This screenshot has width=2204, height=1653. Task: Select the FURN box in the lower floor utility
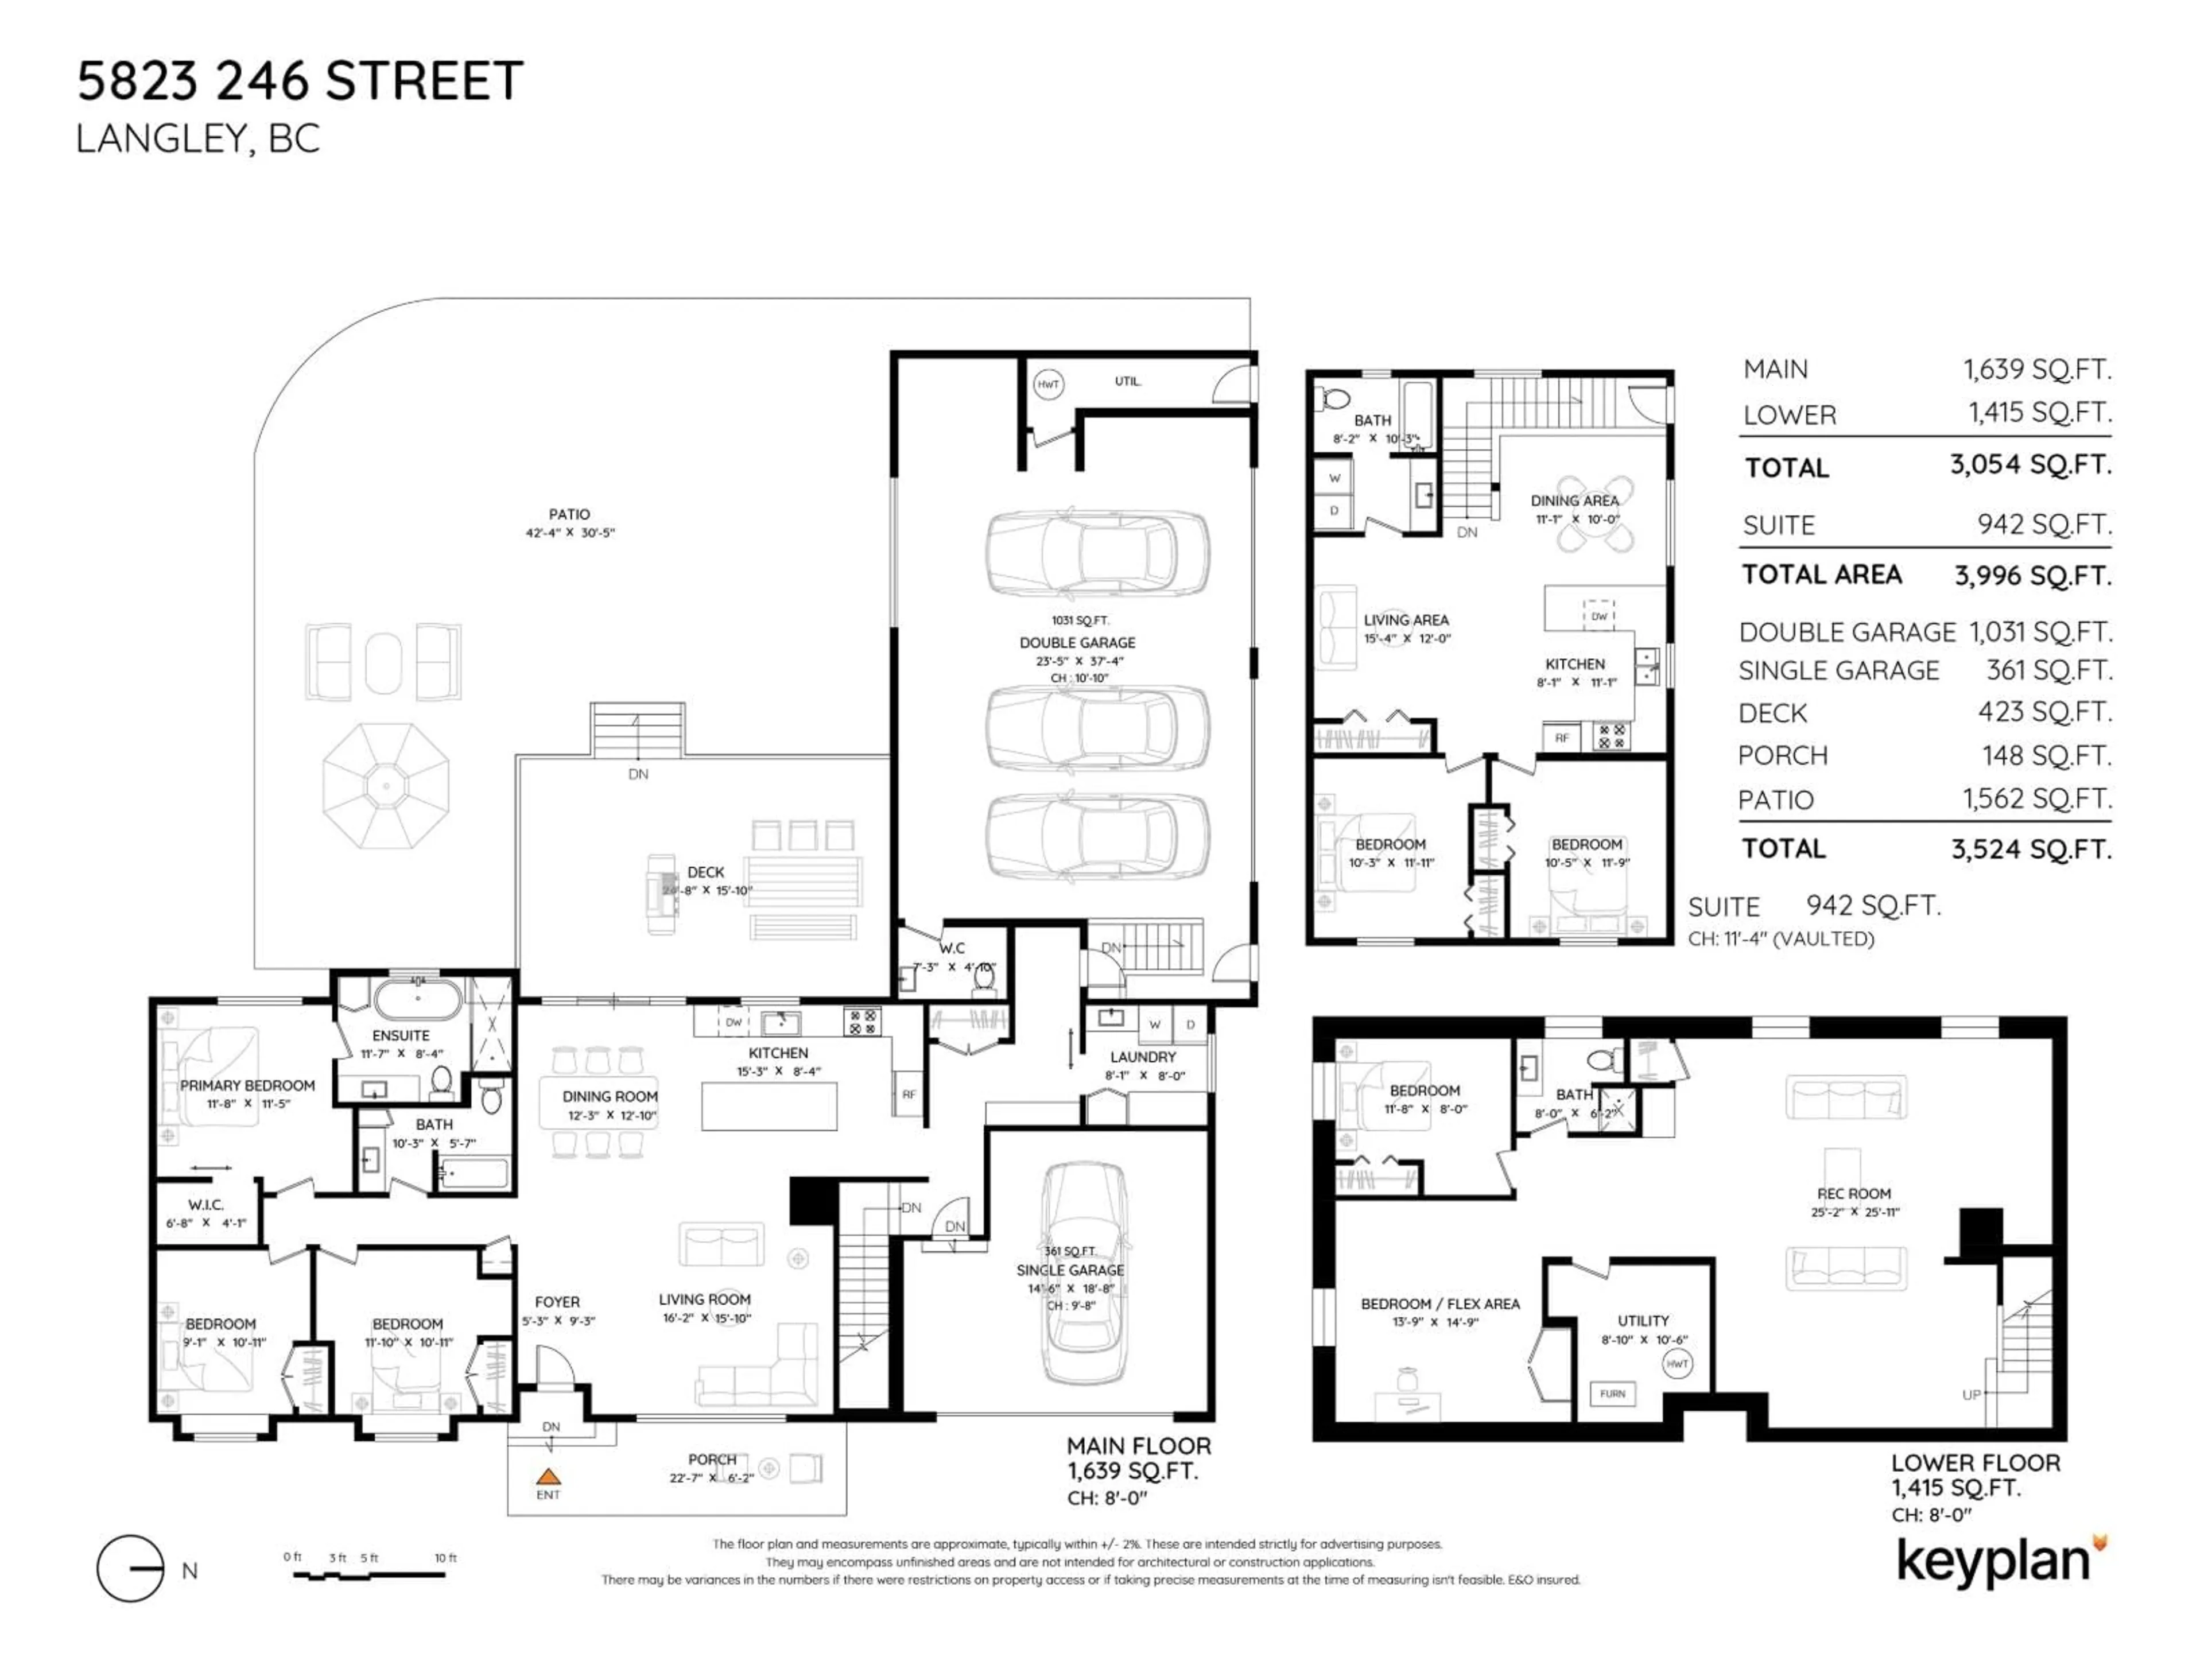[x=1612, y=1393]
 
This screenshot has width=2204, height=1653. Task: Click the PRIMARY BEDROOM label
[x=247, y=1085]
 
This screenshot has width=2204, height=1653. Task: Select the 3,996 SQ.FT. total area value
[x=2032, y=576]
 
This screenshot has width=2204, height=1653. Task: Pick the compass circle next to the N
[x=130, y=1568]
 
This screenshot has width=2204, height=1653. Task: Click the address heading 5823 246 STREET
[x=300, y=81]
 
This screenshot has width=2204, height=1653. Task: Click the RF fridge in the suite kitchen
[x=1561, y=738]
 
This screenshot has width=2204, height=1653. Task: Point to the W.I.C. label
[x=206, y=1205]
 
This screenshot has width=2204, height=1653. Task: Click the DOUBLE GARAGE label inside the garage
[x=1077, y=643]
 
